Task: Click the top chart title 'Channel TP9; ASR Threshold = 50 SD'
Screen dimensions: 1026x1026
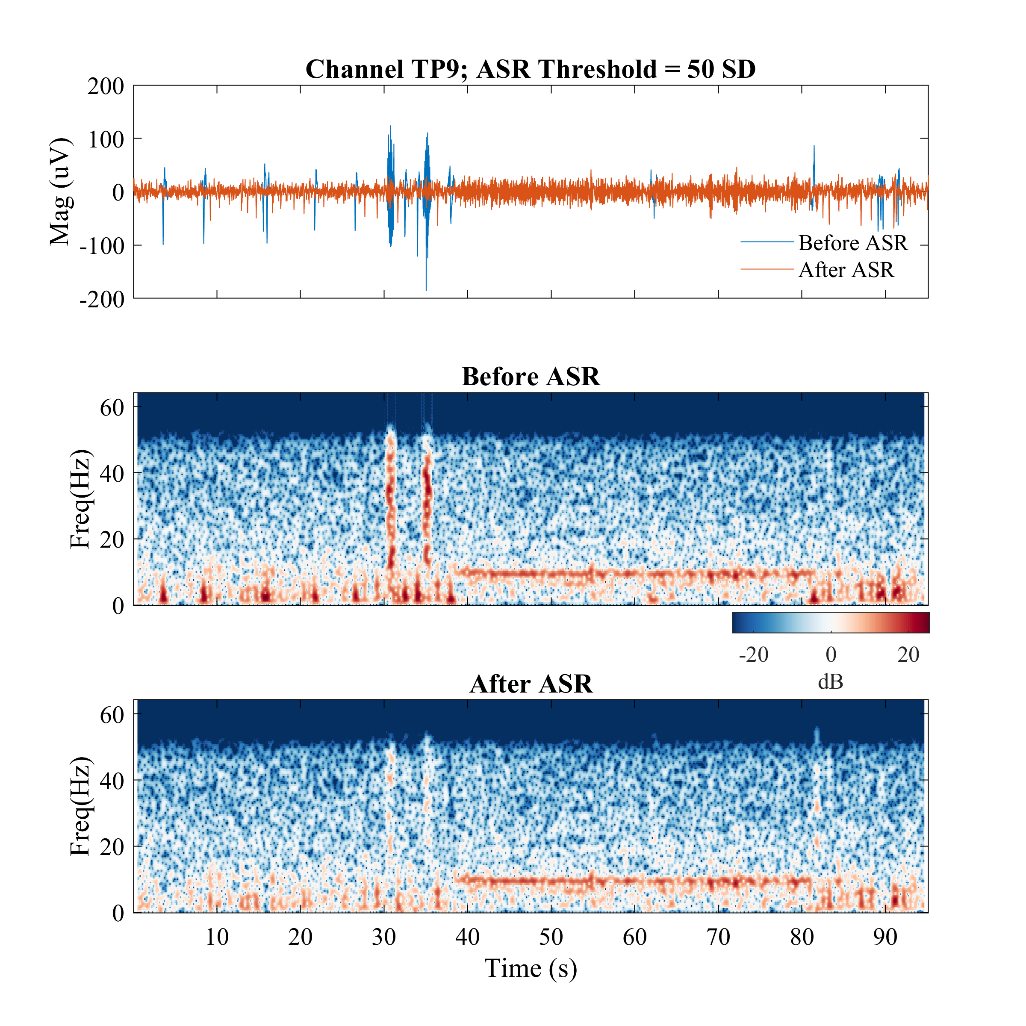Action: click(x=530, y=70)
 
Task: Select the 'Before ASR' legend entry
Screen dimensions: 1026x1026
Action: click(x=852, y=243)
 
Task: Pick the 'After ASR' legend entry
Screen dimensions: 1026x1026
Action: click(x=846, y=270)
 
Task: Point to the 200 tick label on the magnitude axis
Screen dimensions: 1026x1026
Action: click(x=106, y=86)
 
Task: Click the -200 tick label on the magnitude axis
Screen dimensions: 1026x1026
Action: click(x=102, y=300)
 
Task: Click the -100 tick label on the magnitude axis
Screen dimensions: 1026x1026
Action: click(x=102, y=246)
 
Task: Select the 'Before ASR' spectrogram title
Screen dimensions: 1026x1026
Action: click(x=531, y=377)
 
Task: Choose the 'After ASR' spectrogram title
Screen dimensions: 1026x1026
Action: click(x=531, y=684)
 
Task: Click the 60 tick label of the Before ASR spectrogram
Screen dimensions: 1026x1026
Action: click(x=112, y=408)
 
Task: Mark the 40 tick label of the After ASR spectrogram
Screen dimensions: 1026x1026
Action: click(x=112, y=781)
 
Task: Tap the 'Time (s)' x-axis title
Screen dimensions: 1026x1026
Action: click(x=531, y=968)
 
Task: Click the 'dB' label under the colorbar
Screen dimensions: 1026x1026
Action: click(x=830, y=682)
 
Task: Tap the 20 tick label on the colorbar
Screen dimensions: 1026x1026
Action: click(x=908, y=655)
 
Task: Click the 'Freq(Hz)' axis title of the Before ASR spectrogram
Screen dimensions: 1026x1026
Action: click(x=81, y=499)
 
